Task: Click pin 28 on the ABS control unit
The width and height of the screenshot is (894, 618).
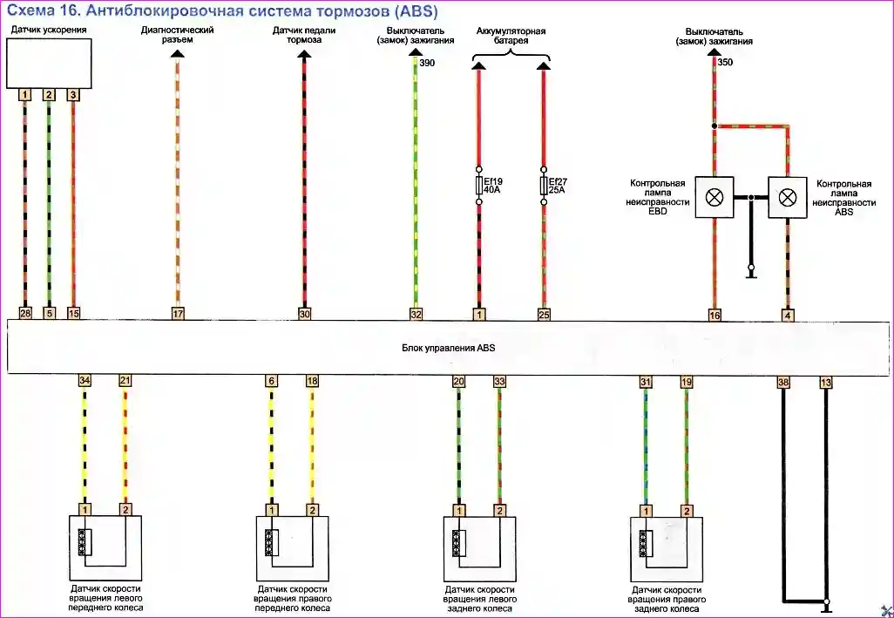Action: tap(25, 313)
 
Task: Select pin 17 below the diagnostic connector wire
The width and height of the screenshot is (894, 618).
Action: tap(178, 313)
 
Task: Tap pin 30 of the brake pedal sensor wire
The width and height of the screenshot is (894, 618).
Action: tap(304, 313)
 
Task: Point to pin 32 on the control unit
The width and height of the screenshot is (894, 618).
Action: tap(416, 313)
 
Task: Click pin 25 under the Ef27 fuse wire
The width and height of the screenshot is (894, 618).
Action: tap(545, 313)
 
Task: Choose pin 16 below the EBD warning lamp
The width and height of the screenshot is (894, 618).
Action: tap(715, 315)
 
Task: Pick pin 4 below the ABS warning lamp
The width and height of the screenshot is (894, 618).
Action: tap(788, 315)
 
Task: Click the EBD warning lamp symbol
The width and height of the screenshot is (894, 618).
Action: tap(715, 197)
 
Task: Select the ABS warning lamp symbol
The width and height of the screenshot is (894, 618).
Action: tap(788, 197)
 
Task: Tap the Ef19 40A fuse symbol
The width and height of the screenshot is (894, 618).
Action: tap(478, 186)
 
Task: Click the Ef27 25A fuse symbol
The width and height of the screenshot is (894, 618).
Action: tap(545, 186)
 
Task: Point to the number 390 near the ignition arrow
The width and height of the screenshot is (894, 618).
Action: tap(427, 63)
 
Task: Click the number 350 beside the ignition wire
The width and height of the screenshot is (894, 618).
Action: tap(726, 63)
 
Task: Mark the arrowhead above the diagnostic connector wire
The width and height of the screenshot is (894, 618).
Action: tap(178, 54)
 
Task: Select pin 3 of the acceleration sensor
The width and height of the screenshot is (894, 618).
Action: tap(73, 94)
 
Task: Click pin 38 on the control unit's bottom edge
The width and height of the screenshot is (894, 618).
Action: tap(783, 382)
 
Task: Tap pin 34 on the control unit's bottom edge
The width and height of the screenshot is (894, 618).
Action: tap(85, 381)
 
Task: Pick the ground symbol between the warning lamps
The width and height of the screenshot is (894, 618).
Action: tap(751, 275)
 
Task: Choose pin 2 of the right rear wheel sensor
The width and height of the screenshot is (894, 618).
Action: tap(687, 510)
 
